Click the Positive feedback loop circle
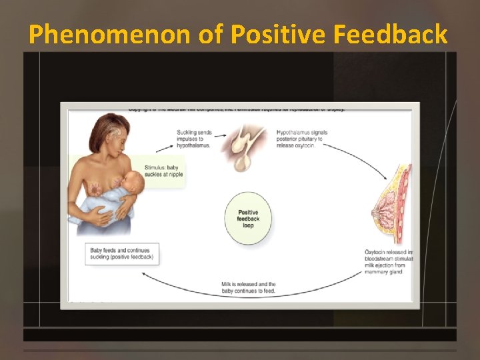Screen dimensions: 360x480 point(249,217)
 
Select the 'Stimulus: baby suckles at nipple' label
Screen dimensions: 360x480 point(163,171)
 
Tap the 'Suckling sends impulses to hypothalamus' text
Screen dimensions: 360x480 point(194,138)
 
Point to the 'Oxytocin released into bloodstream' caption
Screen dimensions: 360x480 point(388,261)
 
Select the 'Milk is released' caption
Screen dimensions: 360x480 point(248,288)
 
